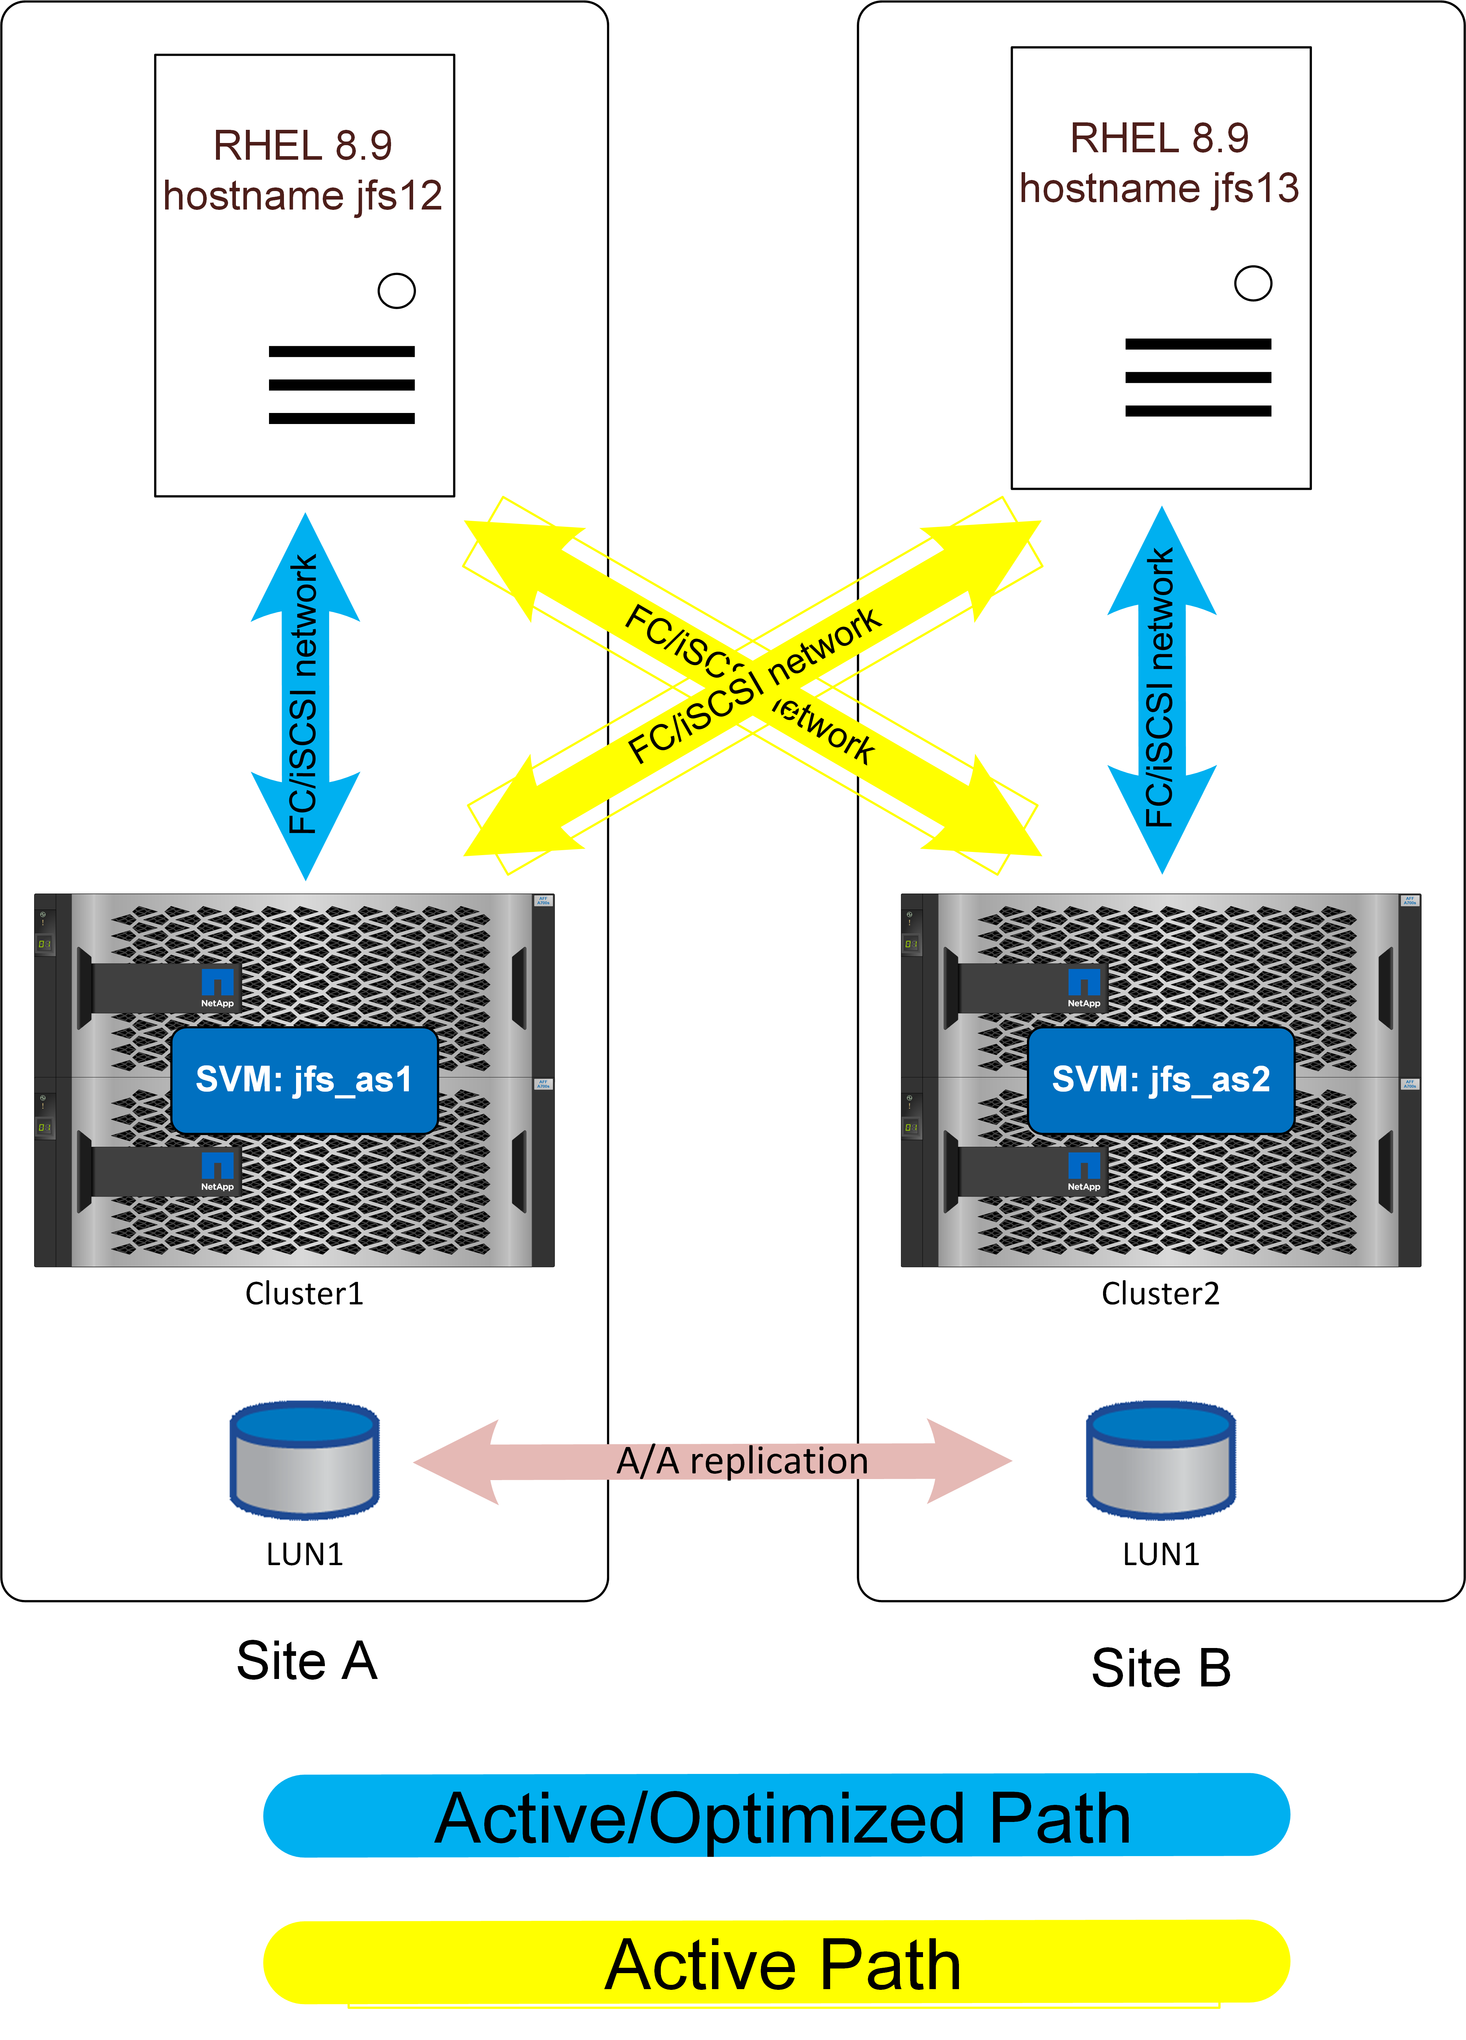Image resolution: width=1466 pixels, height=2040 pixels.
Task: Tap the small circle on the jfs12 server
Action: click(x=396, y=291)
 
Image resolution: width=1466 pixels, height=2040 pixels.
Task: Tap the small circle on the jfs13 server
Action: click(x=1253, y=284)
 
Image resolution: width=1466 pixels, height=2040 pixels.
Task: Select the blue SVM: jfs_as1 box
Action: click(x=304, y=1079)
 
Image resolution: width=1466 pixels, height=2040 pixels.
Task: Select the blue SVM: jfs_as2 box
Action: click(x=1161, y=1079)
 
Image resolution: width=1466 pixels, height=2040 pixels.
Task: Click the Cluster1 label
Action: click(x=304, y=1293)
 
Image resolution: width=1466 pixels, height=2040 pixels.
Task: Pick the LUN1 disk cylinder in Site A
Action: click(x=304, y=1459)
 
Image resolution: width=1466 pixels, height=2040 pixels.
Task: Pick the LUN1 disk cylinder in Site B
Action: click(x=1161, y=1459)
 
